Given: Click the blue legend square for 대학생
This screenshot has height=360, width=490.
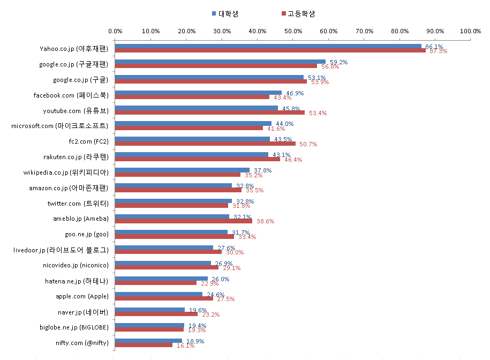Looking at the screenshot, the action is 214,13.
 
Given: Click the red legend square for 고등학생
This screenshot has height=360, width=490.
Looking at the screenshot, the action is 284,13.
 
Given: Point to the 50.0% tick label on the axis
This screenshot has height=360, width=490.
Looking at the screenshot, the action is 293,31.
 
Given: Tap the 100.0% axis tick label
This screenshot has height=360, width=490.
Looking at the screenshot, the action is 470,31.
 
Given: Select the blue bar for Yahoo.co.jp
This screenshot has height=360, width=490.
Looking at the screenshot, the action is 268,46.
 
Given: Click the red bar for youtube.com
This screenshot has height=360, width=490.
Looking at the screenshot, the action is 210,112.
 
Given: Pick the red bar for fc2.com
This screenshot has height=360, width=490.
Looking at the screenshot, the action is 205,144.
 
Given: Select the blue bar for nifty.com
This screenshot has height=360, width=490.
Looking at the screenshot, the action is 148,341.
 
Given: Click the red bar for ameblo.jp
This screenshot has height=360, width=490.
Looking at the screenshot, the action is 184,221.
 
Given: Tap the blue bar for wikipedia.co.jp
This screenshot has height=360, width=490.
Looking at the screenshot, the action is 182,170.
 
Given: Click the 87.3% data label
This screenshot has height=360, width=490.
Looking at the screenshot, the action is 438,51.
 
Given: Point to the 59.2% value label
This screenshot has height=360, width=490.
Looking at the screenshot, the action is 339,62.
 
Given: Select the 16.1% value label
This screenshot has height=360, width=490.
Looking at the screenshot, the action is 186,346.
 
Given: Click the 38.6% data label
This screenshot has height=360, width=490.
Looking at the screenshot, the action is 265,221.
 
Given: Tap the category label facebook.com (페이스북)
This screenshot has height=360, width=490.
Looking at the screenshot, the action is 71,95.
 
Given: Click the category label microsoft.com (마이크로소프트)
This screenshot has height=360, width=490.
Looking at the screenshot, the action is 59,126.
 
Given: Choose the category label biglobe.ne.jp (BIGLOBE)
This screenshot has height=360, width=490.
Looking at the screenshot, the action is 74,327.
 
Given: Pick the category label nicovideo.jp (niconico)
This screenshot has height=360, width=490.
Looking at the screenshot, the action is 76,265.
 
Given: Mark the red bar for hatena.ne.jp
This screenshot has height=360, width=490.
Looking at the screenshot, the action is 156,283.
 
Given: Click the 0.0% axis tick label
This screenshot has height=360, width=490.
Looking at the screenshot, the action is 115,31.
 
